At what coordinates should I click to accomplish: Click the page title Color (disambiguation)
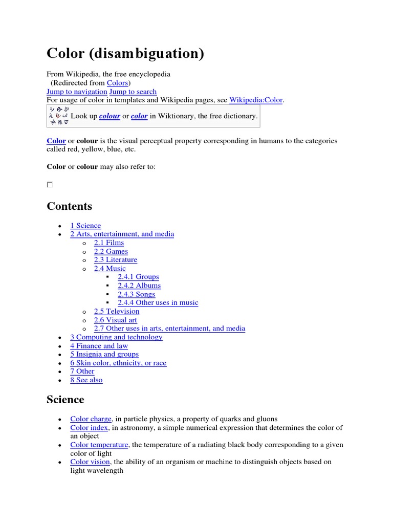[x=125, y=54]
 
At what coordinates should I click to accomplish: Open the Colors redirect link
[x=118, y=83]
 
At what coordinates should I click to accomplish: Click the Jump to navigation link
[x=77, y=92]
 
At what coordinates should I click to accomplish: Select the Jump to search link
[x=133, y=92]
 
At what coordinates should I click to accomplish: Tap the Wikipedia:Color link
[x=256, y=100]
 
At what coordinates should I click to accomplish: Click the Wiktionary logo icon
[x=58, y=116]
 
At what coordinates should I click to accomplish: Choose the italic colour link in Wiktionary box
[x=110, y=116]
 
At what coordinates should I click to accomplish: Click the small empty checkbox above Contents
[x=50, y=185]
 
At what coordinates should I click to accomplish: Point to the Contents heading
[x=70, y=206]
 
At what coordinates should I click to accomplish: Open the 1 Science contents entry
[x=85, y=226]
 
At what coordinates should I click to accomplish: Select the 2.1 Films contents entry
[x=109, y=243]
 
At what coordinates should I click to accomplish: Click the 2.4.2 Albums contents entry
[x=139, y=286]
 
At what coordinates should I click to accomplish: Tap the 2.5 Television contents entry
[x=117, y=311]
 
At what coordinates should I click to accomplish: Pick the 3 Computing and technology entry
[x=116, y=337]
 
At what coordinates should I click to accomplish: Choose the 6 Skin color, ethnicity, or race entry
[x=118, y=363]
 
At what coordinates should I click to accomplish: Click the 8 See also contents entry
[x=86, y=380]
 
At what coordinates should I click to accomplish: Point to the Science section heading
[x=65, y=399]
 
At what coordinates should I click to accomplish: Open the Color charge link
[x=91, y=419]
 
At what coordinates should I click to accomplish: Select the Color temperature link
[x=99, y=445]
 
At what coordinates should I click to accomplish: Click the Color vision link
[x=90, y=462]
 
